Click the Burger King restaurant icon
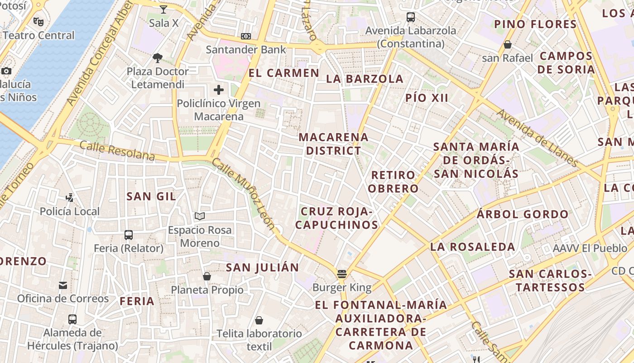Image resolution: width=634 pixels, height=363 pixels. click(x=342, y=274)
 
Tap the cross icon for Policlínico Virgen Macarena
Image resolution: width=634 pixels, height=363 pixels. click(x=219, y=90)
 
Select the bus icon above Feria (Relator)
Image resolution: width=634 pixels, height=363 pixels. click(x=129, y=235)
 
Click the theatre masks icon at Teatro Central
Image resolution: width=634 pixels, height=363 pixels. click(x=38, y=21)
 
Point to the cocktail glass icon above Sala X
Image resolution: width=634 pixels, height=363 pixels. click(x=163, y=9)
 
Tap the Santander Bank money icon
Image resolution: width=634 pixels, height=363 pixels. click(x=246, y=36)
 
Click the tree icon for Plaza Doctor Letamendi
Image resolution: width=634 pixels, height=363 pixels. click(x=158, y=58)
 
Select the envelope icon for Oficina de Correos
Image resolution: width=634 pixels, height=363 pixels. click(x=63, y=285)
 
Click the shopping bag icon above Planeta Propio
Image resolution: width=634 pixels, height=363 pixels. click(x=207, y=276)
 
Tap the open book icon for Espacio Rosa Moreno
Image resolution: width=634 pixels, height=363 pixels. click(x=200, y=216)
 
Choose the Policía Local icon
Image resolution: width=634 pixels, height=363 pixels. click(x=69, y=197)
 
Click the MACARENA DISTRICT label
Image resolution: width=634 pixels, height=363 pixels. click(x=333, y=144)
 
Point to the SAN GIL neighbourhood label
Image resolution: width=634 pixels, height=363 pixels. click(x=151, y=196)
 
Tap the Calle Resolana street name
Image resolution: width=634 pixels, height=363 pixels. click(x=117, y=151)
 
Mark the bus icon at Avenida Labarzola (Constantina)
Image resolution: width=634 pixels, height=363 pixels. click(x=411, y=17)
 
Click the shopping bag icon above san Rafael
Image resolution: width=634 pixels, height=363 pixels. click(x=508, y=44)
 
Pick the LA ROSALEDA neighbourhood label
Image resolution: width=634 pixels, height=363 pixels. click(x=472, y=247)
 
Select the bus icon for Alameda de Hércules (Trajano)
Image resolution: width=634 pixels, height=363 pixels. click(x=72, y=319)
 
